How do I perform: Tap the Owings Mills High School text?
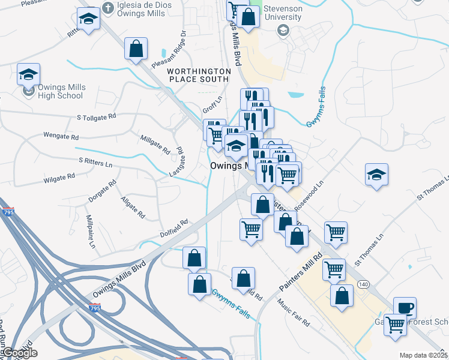click(61, 91)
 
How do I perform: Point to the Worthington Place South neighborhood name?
click(198, 75)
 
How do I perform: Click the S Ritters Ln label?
click(95, 162)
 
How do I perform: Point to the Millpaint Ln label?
click(91, 232)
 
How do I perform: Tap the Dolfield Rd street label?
click(174, 225)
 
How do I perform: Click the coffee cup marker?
click(405, 308)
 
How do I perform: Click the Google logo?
click(20, 353)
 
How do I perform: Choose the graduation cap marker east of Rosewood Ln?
click(376, 175)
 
